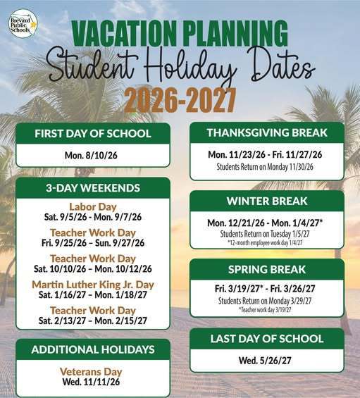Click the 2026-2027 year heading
[x=180, y=100]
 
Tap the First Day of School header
[x=93, y=134]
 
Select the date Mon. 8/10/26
[x=93, y=155]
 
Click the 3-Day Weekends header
[x=93, y=188]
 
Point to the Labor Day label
[x=93, y=206]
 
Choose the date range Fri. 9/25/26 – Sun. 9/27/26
[x=93, y=242]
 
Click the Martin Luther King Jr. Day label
[x=93, y=285]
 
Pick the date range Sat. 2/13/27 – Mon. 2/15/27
[x=93, y=320]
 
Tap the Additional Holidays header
[x=93, y=349]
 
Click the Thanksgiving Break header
[x=266, y=132]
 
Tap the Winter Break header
[x=266, y=201]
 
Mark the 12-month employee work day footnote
[x=266, y=242]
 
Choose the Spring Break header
[x=266, y=269]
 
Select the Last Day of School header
[x=266, y=339]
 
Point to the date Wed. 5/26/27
[x=266, y=361]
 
